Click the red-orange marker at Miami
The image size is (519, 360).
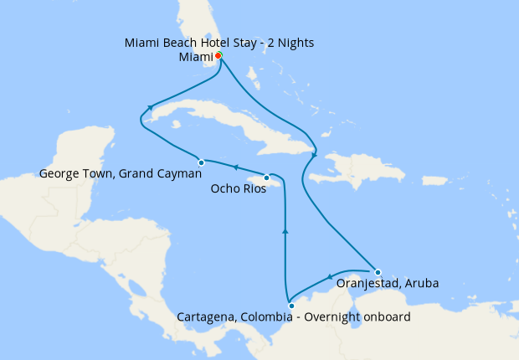tap(218, 55)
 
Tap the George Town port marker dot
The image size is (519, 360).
tap(201, 162)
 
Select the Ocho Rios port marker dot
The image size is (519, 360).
tap(266, 177)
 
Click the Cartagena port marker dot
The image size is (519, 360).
tap(290, 306)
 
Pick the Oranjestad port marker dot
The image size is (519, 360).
tap(378, 271)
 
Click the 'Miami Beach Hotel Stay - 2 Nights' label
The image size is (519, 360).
tap(219, 43)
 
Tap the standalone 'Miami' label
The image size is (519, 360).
tap(196, 57)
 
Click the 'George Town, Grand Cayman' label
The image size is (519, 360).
tap(121, 175)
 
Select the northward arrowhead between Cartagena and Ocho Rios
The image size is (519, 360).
tap(285, 232)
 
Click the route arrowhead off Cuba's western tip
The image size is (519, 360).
tap(150, 107)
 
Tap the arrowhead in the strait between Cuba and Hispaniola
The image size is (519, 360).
tap(314, 153)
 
